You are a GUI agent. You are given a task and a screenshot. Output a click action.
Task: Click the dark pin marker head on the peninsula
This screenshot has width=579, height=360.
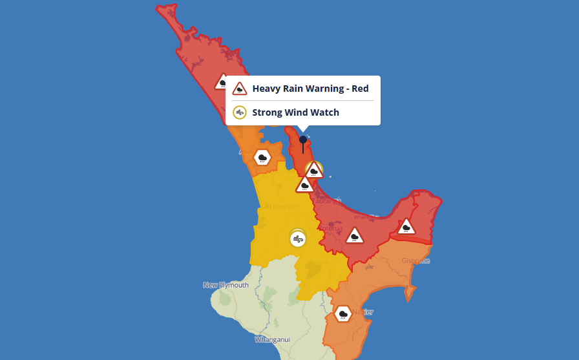coord(302,140)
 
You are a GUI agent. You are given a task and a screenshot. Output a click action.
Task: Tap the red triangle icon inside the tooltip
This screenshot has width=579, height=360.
coord(240,89)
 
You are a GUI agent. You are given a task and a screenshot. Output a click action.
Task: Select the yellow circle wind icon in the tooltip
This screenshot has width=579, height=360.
coord(240,112)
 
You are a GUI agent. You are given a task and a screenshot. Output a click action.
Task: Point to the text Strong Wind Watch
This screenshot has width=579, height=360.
coord(295,112)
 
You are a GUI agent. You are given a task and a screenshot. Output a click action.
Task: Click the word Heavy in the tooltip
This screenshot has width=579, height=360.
coord(266,89)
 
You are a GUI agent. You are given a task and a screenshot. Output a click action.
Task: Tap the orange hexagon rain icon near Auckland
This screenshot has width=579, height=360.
coord(262,157)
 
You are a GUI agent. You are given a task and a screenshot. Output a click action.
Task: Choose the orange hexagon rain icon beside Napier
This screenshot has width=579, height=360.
coord(343,315)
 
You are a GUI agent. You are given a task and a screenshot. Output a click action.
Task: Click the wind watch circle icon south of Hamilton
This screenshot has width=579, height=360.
coord(297,238)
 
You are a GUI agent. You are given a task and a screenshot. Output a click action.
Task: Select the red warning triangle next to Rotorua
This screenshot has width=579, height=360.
coord(354,235)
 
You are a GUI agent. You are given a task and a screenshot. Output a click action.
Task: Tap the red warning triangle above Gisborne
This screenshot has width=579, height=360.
coord(406,226)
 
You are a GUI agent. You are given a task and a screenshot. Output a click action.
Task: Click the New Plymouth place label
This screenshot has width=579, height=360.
coord(226,285)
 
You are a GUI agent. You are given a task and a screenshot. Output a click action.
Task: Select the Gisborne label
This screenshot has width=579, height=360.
coord(416,261)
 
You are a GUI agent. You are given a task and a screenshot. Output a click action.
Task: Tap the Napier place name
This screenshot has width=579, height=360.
coord(362,312)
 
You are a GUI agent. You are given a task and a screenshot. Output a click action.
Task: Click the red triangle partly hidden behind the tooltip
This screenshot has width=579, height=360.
coord(222,81)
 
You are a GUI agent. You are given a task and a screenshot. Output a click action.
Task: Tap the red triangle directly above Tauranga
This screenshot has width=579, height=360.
coord(305,185)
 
